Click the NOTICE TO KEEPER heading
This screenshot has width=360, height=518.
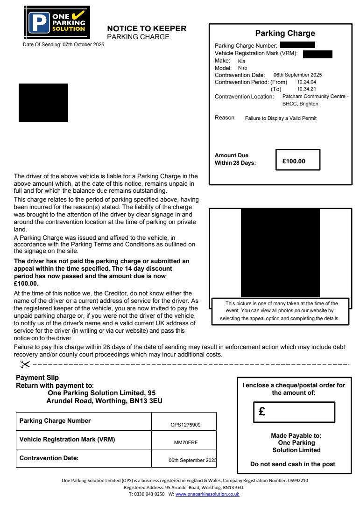click(x=147, y=29)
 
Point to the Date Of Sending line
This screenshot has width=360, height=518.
click(x=64, y=45)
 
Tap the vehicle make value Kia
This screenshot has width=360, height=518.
click(x=241, y=61)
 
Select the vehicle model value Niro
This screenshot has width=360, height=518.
click(x=243, y=68)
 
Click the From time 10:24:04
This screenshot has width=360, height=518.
click(x=306, y=82)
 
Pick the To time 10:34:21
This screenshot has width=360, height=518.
click(x=306, y=89)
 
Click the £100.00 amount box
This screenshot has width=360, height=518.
click(x=297, y=160)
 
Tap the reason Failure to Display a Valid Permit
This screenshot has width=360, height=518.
click(x=281, y=119)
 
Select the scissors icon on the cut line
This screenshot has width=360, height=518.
click(x=25, y=364)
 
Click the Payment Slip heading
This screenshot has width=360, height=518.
click(x=37, y=378)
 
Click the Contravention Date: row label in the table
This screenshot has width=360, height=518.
click(x=49, y=458)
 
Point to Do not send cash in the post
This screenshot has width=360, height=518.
click(x=293, y=464)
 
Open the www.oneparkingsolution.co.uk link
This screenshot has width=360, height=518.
click(x=207, y=494)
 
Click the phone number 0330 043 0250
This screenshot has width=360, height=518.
click(x=149, y=494)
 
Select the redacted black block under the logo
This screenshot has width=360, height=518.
click(x=43, y=103)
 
